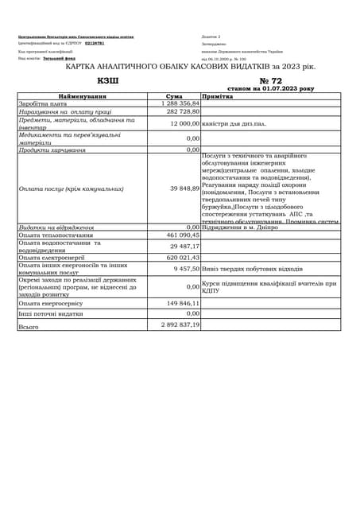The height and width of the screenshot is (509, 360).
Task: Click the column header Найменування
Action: coord(83,96)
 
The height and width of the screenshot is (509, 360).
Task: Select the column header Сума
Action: coord(174,96)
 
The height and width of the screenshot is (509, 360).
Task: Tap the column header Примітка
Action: coord(217,96)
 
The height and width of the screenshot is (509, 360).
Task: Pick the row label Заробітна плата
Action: coord(43,103)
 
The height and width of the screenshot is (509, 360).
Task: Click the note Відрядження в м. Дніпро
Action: coord(240,227)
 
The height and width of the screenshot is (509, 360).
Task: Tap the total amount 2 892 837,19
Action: coord(180,325)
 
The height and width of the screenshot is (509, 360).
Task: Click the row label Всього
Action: coord(29,326)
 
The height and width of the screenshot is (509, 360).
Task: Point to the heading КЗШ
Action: coord(107,80)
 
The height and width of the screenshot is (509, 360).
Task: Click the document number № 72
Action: coord(270,80)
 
